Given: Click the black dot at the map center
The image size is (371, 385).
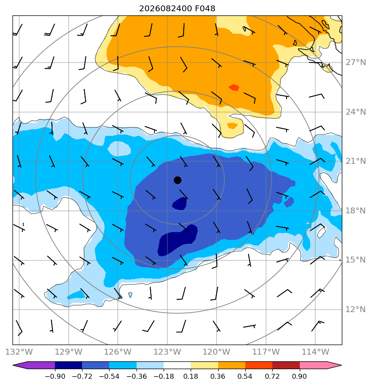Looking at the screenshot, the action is pos(177,180).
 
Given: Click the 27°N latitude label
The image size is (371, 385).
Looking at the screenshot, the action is pos(356,62).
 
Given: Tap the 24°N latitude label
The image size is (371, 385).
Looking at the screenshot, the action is pos(356,112).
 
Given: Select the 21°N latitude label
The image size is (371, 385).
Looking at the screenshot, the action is pos(356,161).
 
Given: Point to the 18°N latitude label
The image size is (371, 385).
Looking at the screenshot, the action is pos(356,210).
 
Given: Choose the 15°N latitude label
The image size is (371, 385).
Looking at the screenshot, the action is pos(356,260).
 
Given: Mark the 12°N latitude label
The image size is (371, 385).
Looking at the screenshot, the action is pos(356,309).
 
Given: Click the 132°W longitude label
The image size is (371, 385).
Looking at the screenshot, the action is pos(19,352).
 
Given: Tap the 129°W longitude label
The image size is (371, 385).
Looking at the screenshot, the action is pos(68,352).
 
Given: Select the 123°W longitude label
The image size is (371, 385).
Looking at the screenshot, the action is pos(167,352).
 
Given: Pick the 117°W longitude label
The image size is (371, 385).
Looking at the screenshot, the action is pos(266,352).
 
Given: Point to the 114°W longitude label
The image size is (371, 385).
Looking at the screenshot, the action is pos(315,352).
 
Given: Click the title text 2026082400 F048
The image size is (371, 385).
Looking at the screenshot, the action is pos(177,9).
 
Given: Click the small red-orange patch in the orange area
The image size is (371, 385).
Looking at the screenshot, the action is pos(234,87).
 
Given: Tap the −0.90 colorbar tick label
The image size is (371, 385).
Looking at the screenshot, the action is pos(55,376).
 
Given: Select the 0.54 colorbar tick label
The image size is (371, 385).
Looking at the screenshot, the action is pos(245,376).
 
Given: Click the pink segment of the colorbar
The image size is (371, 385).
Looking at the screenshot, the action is pos(314,365).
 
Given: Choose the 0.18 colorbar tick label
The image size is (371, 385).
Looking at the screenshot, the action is pos(191,376).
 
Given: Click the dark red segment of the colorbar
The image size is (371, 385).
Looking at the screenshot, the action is pos(286,365).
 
